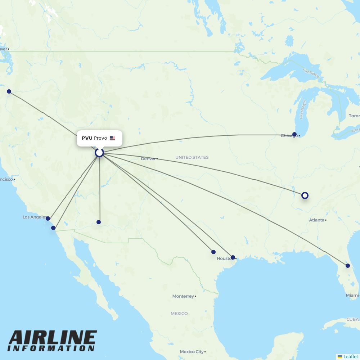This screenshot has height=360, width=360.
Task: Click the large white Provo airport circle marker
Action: (99, 153)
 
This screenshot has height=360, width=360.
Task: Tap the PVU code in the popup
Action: (87, 138)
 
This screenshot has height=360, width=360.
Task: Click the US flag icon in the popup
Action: (112, 138)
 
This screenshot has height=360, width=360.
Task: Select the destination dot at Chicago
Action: (294, 134)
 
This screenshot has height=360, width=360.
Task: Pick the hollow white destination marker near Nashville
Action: (305, 195)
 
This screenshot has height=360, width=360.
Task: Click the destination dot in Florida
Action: (348, 266)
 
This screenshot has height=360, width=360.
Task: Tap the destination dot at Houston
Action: (233, 257)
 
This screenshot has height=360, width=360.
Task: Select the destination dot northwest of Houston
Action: (213, 252)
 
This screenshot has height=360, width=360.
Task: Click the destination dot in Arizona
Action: (99, 222)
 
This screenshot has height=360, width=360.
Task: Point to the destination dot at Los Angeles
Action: (48, 219)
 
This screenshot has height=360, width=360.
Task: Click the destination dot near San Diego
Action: (53, 228)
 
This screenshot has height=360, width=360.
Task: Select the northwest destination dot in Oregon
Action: (9, 91)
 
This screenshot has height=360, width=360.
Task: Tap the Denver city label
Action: (148, 159)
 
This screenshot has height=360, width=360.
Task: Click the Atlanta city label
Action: (316, 220)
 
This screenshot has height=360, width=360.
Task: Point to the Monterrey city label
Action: (183, 296)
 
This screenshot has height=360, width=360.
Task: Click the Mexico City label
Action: (192, 352)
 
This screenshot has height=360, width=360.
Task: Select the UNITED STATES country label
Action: (192, 157)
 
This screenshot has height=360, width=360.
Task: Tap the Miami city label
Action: (352, 295)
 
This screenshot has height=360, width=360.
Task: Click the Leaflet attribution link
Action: (350, 356)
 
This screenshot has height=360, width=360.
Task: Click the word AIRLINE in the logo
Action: (53, 338)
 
